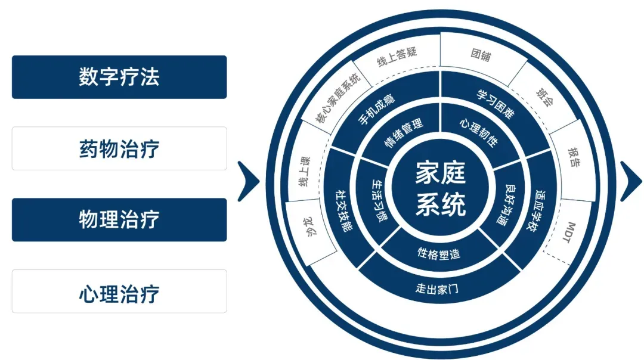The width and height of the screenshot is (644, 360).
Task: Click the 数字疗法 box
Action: pos(119,77)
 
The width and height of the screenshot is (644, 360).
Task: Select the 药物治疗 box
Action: pos(119,148)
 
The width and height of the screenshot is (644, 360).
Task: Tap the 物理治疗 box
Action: pos(119,219)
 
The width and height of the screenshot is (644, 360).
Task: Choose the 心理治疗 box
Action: pos(119,291)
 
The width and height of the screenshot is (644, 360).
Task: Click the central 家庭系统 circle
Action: pos(440,190)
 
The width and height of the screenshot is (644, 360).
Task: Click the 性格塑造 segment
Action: pos(439,253)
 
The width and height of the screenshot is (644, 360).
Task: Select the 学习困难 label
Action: pos(495,103)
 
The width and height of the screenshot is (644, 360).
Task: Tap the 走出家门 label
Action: pos(439,290)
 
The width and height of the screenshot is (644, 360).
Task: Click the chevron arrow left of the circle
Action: pos(248,181)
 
